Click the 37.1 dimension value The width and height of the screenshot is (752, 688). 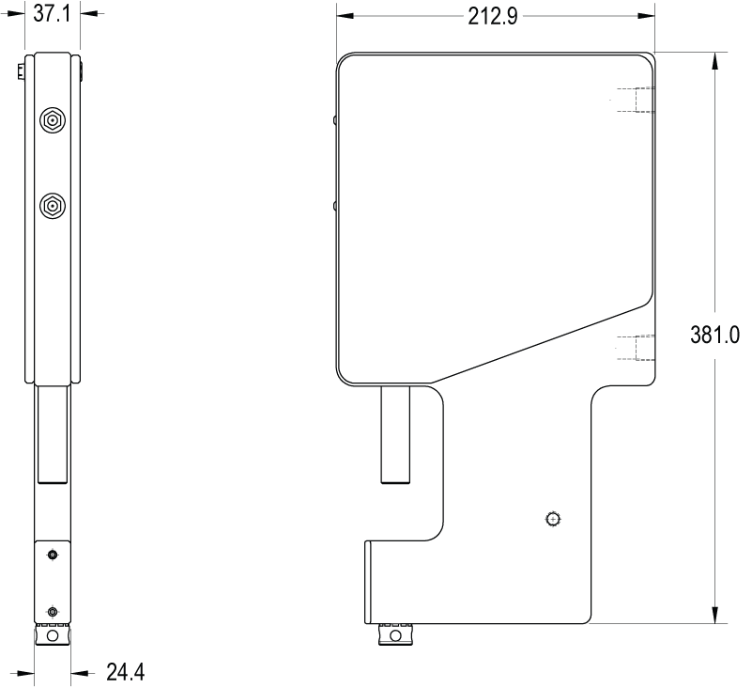tap(52, 14)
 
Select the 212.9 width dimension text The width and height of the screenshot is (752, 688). tap(493, 17)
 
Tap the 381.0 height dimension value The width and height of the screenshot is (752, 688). tap(714, 335)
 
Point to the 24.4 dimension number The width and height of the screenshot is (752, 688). tap(125, 672)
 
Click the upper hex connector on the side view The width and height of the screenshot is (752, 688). tap(53, 120)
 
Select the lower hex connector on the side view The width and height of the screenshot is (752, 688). tap(53, 207)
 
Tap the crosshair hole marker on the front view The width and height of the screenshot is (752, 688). tap(554, 520)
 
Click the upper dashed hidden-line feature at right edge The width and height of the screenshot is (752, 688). tap(636, 100)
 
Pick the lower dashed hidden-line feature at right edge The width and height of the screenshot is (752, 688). tap(636, 348)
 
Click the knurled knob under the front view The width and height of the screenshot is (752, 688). tap(395, 634)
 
